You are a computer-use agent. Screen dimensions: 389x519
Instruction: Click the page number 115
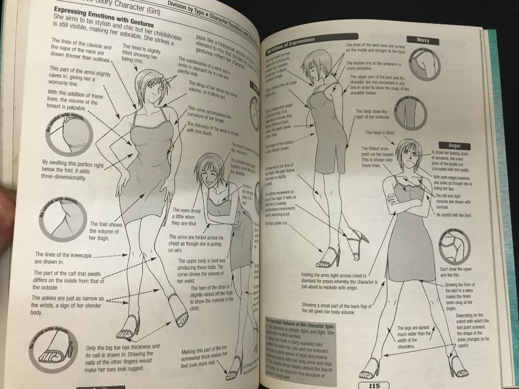pos(375,384)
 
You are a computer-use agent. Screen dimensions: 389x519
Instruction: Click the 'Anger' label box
pos(454,145)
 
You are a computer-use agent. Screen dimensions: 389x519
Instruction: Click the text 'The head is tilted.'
pos(380,133)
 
